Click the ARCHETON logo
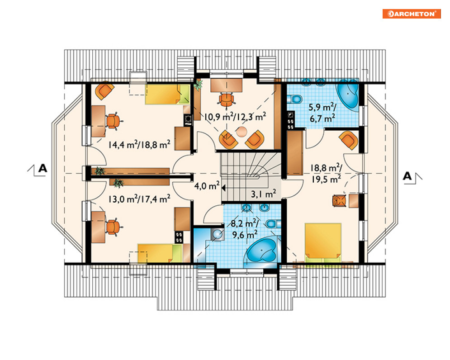click(411, 14)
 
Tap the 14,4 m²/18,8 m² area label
click(139, 144)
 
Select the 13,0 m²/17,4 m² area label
click(139, 199)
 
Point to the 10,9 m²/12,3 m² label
click(235, 117)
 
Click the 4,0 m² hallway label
click(207, 186)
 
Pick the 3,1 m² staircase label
click(264, 194)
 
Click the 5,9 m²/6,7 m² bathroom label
click(322, 112)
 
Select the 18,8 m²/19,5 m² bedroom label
click(326, 173)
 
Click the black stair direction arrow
click(223, 188)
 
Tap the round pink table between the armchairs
click(242, 132)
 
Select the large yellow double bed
click(323, 241)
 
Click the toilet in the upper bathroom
click(295, 99)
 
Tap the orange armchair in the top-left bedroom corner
click(104, 91)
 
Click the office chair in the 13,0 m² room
click(114, 227)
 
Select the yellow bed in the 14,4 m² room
click(167, 94)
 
